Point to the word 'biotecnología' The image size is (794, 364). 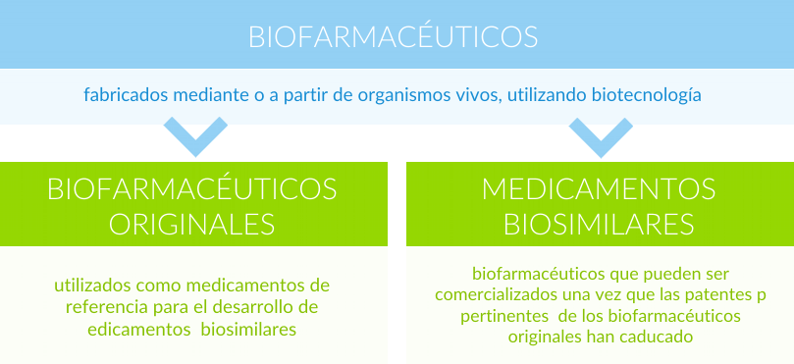point(647,96)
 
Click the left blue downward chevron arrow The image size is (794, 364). point(195,136)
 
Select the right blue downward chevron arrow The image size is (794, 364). point(601,136)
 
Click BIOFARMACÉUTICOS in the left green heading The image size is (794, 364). point(192,187)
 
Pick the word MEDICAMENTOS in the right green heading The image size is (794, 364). point(600,187)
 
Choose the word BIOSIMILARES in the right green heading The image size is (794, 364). point(600,223)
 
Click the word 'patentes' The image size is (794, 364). point(693,294)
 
